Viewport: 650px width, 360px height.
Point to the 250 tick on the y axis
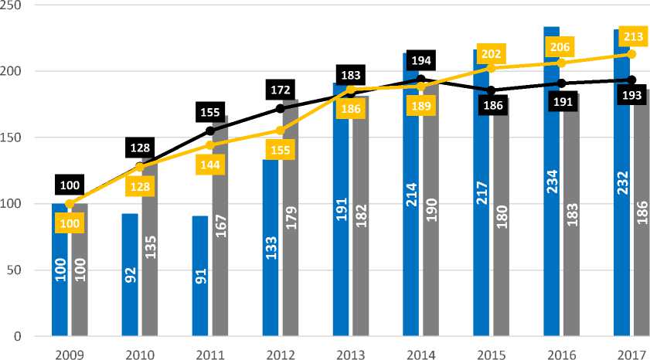tap(14, 5)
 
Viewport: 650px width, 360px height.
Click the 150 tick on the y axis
tap(14, 138)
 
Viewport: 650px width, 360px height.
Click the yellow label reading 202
tap(492, 53)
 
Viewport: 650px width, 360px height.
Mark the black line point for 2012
tap(280, 108)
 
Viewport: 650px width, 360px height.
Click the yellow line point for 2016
tap(561, 63)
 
